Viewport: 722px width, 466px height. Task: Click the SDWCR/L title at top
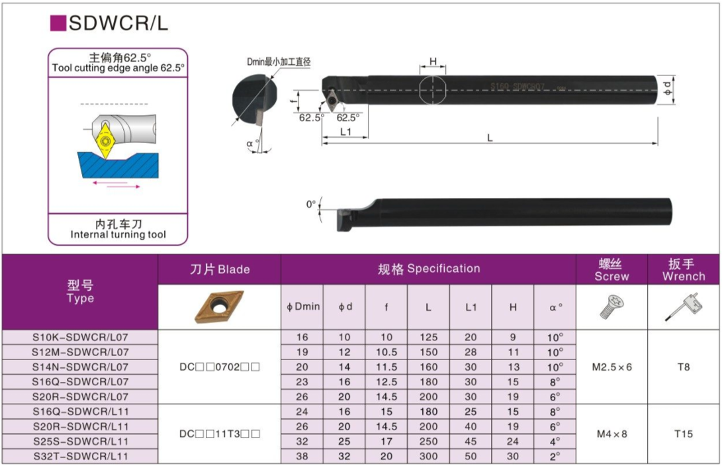click(118, 23)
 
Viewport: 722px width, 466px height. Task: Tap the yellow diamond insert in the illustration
click(105, 140)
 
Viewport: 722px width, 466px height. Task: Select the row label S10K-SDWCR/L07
click(80, 337)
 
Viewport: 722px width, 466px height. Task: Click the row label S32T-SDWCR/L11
click(80, 456)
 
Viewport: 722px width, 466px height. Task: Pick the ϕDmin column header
click(302, 306)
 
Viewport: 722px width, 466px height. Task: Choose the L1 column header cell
click(471, 307)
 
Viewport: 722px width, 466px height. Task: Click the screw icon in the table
click(611, 307)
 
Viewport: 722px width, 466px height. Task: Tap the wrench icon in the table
click(684, 306)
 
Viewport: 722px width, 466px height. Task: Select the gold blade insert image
click(219, 306)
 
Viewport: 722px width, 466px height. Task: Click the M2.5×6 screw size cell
click(612, 367)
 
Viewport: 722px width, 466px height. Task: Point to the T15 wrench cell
click(684, 434)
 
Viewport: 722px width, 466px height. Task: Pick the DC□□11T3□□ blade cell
click(220, 434)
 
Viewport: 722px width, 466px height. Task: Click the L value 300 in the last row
click(428, 456)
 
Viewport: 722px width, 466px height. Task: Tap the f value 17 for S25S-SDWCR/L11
click(386, 442)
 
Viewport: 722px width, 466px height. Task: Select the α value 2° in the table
click(555, 456)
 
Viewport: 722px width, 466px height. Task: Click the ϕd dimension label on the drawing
click(668, 89)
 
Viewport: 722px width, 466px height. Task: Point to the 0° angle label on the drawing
click(311, 204)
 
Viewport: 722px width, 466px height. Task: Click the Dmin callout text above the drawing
click(279, 62)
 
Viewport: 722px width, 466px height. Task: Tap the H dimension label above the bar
click(433, 62)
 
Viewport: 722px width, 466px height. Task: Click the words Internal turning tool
click(118, 234)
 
